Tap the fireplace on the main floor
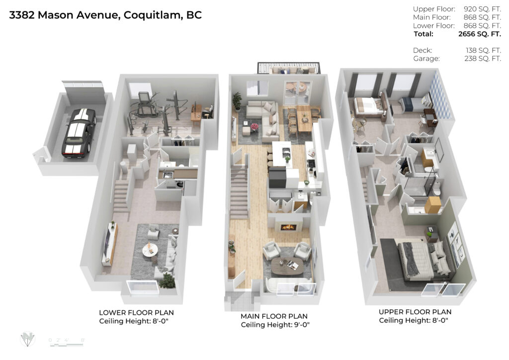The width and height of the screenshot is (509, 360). tap(288, 227)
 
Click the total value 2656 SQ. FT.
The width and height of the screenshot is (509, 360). tap(480, 34)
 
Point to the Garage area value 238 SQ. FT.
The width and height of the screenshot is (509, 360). tap(483, 59)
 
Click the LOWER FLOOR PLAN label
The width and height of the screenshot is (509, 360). tap(136, 313)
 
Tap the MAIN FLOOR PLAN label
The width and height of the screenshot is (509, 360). tap(274, 316)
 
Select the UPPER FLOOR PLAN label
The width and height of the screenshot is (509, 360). tap(415, 312)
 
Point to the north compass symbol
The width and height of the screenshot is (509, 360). tap(28, 339)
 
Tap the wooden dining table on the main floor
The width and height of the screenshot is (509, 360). tap(304, 121)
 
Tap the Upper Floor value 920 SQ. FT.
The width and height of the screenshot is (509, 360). tap(482, 9)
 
